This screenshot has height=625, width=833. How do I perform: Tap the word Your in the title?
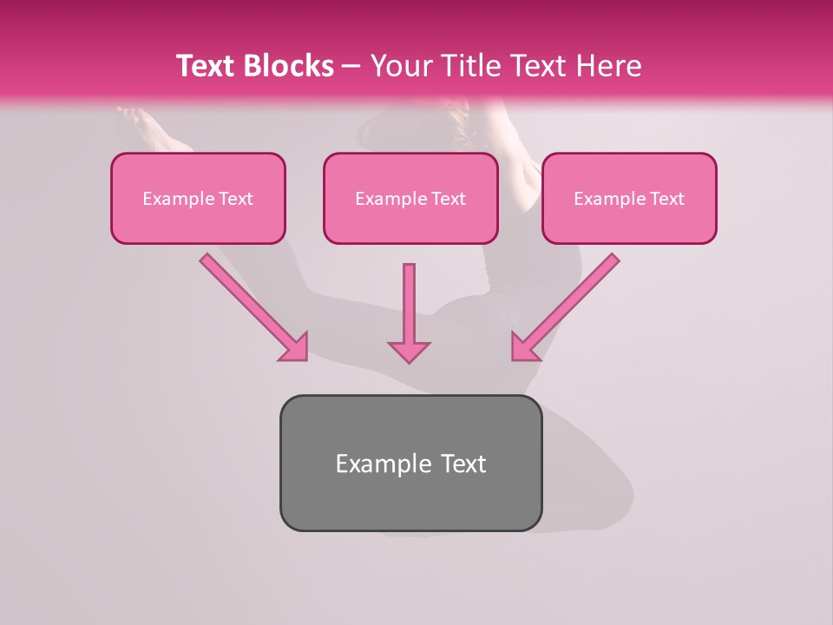click(x=403, y=66)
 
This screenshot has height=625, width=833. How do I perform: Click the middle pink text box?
click(x=410, y=220)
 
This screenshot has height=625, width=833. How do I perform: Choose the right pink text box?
click(x=629, y=220)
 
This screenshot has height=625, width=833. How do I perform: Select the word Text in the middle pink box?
click(x=449, y=199)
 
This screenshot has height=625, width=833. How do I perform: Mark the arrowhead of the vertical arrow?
click(x=409, y=352)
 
